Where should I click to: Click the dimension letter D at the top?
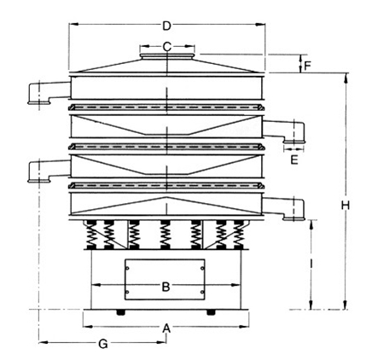pyautogui.click(x=166, y=26)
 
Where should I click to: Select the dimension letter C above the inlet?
pyautogui.click(x=167, y=46)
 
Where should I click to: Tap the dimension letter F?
pyautogui.click(x=307, y=66)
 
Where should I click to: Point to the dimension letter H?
pyautogui.click(x=346, y=205)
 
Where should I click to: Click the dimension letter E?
pyautogui.click(x=294, y=160)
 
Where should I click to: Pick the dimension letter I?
pyautogui.click(x=311, y=264)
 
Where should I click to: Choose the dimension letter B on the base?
pyautogui.click(x=166, y=287)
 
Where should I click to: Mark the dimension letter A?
pyautogui.click(x=166, y=328)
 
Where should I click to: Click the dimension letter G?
pyautogui.click(x=103, y=345)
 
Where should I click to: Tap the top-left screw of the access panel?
pyautogui.click(x=127, y=268)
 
